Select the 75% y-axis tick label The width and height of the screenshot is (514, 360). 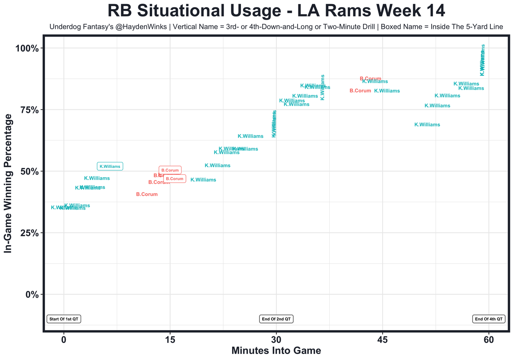(x=29, y=110)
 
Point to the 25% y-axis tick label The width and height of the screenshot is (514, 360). (x=29, y=233)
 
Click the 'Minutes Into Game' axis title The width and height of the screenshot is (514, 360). (x=276, y=351)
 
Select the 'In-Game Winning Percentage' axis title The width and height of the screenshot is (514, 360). (x=8, y=183)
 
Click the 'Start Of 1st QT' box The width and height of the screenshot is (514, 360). (x=64, y=319)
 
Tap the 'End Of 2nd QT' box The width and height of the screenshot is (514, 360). (x=277, y=319)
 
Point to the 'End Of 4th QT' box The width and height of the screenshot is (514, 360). (x=488, y=319)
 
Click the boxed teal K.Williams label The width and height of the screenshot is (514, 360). (x=110, y=166)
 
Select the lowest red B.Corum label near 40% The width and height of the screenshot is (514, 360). (x=147, y=194)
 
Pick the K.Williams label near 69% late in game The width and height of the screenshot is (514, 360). (x=427, y=125)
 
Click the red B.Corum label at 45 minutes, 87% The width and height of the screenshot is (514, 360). (x=370, y=79)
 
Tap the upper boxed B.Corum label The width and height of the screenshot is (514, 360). (x=170, y=170)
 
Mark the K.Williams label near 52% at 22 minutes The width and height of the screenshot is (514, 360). (x=218, y=166)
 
